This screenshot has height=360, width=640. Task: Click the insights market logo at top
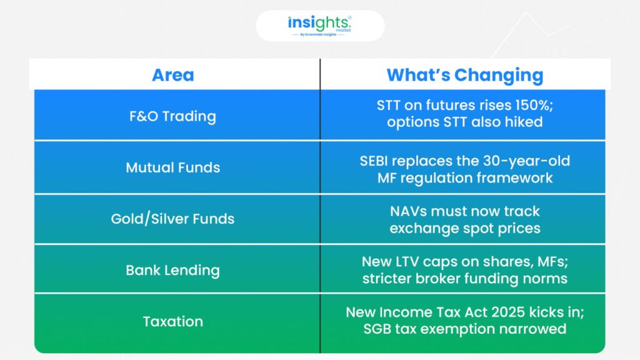coord(319,26)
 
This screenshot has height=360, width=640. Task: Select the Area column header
coord(173,75)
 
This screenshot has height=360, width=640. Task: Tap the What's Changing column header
coord(465,75)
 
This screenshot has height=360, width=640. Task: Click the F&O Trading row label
coord(172,116)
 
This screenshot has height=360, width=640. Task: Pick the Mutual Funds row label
coord(172,167)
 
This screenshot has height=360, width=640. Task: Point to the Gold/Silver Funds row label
coord(172,219)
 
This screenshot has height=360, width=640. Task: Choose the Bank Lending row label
coord(172,270)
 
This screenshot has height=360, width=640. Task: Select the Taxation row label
coord(172,322)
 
